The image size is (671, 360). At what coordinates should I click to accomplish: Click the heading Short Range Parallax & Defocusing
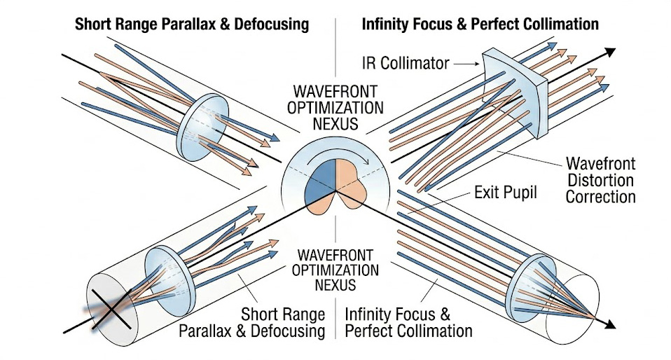(x=191, y=25)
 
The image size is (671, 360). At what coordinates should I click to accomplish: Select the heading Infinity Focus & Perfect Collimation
(x=480, y=25)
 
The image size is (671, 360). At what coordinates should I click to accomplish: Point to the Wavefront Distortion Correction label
(x=600, y=180)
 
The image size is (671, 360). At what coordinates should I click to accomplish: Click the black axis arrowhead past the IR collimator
(x=611, y=51)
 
